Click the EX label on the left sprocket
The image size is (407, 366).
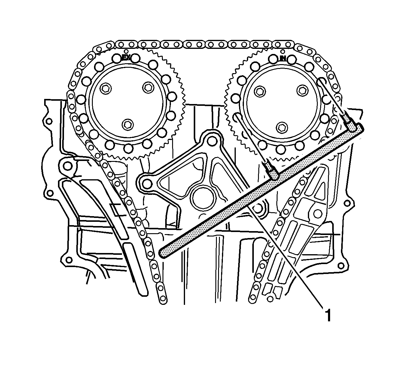click(126, 58)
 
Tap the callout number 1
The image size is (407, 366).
click(328, 315)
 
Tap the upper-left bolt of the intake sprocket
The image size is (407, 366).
click(260, 92)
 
